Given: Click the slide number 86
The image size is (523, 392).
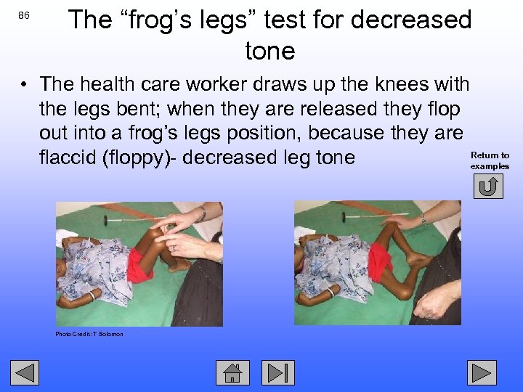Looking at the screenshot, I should click(25, 15).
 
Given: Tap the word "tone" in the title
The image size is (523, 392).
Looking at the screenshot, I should click(270, 52).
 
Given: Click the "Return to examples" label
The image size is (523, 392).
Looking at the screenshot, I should click(490, 160).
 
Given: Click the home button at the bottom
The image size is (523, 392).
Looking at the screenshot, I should click(232, 372).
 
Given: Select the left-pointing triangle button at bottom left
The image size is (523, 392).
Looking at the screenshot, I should click(24, 372).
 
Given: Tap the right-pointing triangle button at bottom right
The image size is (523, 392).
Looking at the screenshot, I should click(481, 372).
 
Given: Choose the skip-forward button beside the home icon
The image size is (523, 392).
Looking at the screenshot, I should click(278, 372).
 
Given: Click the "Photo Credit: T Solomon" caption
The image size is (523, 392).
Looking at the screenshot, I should click(89, 334).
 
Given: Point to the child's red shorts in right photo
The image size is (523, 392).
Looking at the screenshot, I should click(379, 260).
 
